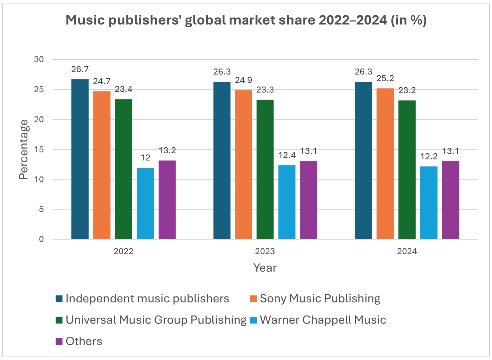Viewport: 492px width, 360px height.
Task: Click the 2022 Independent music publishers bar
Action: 80,160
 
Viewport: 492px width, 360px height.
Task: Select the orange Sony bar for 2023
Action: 244,165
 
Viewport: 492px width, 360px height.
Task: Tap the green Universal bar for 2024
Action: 407,170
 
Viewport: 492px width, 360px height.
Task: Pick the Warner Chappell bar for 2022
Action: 145,203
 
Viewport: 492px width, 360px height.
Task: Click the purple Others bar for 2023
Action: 309,200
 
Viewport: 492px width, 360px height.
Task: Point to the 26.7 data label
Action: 80,70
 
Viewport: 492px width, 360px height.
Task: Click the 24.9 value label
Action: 244,81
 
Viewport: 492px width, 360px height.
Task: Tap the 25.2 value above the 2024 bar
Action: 385,79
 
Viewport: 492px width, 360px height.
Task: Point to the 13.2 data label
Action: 167,151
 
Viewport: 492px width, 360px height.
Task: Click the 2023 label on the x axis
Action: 265,252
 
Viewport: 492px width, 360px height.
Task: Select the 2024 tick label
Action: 407,252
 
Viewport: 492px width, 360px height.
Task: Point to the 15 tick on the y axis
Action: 39,150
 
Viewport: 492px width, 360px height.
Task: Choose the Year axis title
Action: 265,268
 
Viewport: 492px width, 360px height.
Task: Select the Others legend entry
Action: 84,341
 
